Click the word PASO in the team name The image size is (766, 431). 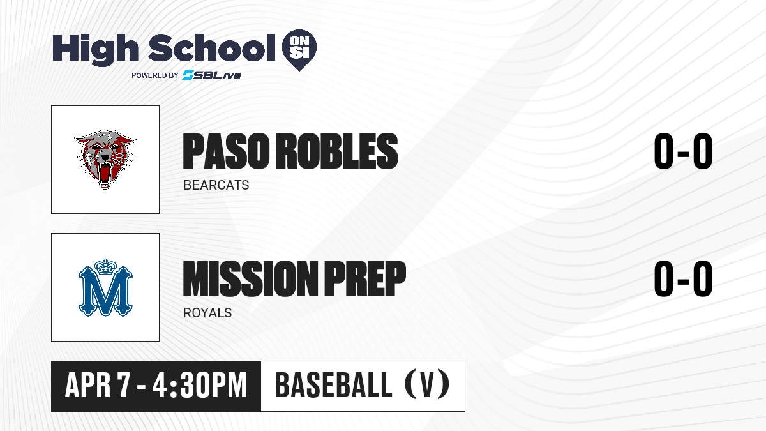[226, 151]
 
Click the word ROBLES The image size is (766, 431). [337, 151]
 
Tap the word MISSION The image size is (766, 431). [250, 278]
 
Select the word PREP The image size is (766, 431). [365, 278]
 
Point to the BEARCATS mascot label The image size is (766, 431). [216, 185]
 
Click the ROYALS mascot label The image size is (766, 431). [207, 313]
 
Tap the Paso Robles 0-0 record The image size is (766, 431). [683, 151]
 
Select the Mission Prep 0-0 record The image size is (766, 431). [683, 278]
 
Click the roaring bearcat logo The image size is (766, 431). [105, 159]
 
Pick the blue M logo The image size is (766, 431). [105, 287]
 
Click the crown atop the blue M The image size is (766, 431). [106, 267]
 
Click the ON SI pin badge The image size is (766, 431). [299, 50]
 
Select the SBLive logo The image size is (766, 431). [212, 75]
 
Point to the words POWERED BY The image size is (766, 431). [155, 75]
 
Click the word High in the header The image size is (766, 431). [96, 50]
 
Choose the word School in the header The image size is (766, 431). [212, 48]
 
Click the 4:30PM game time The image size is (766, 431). [200, 386]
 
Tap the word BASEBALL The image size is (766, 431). [333, 386]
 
